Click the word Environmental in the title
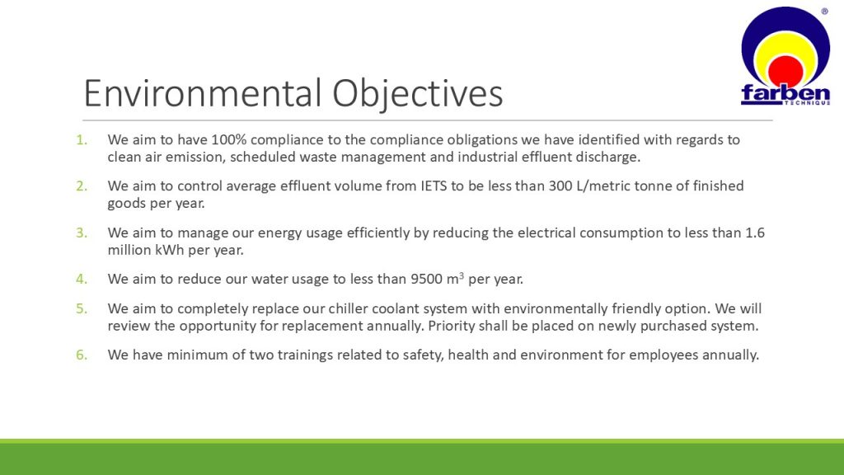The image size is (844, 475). pyautogui.click(x=203, y=92)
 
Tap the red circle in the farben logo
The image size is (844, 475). pyautogui.click(x=785, y=71)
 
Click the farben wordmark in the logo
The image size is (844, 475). pyautogui.click(x=785, y=93)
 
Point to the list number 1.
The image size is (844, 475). pyautogui.click(x=82, y=140)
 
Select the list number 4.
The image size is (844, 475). pyautogui.click(x=82, y=279)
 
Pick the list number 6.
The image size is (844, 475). pyautogui.click(x=82, y=355)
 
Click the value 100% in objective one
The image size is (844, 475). pyautogui.click(x=228, y=140)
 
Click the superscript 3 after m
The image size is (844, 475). pyautogui.click(x=462, y=275)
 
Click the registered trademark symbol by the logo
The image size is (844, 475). pyautogui.click(x=824, y=12)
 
